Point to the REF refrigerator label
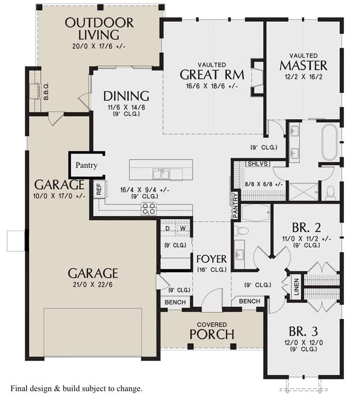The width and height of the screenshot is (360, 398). [x=99, y=190]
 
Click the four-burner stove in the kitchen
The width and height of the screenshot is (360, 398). [x=149, y=208]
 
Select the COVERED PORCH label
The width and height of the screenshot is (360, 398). [x=211, y=331]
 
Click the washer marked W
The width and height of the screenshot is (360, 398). [x=183, y=228]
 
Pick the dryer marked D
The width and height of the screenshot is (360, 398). [x=168, y=228]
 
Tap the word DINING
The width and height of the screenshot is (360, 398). [x=126, y=96]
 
